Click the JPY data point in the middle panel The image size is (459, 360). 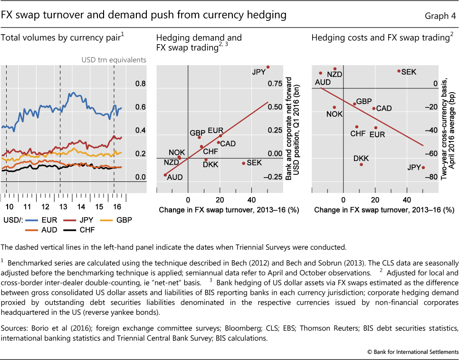268,67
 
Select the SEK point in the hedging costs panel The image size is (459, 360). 399,71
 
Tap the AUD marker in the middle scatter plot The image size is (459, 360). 165,175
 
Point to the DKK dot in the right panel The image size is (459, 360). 361,164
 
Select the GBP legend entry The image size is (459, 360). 115,220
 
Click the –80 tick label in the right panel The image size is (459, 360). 430,177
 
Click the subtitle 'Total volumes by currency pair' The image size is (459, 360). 60,37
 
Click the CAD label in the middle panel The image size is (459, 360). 228,143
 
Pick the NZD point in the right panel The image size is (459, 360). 335,69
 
